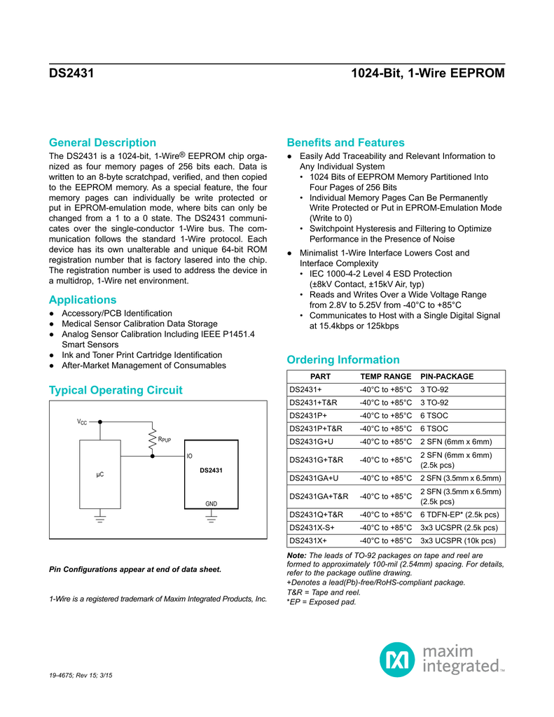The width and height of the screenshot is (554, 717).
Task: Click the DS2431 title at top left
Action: coord(71,73)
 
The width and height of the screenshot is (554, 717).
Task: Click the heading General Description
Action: coord(102,142)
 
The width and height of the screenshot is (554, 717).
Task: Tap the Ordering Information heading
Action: coord(343,360)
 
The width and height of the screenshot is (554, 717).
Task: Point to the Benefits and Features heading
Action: coord(345,142)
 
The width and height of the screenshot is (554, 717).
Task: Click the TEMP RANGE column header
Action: coord(385,377)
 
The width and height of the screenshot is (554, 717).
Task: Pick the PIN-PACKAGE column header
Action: coord(447,377)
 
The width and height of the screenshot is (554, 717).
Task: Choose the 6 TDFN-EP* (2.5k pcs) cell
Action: coord(459,515)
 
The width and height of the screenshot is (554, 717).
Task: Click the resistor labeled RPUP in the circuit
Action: coord(151,440)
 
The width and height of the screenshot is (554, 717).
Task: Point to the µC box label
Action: coord(99,475)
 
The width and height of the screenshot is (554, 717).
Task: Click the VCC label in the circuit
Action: coord(82,422)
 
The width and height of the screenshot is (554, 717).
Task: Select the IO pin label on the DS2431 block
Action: coord(189,456)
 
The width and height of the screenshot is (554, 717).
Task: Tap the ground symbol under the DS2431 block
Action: coord(211,520)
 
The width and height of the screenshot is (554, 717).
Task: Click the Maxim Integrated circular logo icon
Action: coord(398,659)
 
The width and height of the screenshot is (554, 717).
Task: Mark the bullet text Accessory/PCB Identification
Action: coord(116,313)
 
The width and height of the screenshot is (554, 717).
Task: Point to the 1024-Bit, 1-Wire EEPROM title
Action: coord(427,73)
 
